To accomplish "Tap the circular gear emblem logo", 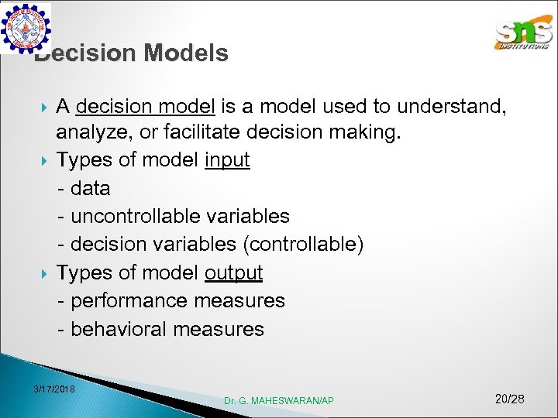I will [x=27, y=29].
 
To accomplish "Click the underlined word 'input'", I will [x=227, y=161].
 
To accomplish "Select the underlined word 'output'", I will [x=233, y=272].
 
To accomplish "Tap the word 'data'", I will [x=91, y=189].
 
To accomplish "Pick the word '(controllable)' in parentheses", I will [x=303, y=245].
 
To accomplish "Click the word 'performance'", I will [x=129, y=300].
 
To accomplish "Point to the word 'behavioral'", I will [x=119, y=329].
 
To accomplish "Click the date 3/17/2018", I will [x=54, y=388].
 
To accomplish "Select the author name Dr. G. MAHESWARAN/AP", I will [x=279, y=400].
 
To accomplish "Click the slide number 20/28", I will [x=509, y=399].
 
